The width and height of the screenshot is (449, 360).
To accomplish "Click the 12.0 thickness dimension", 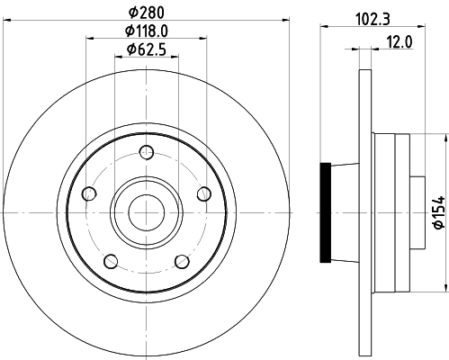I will click(x=400, y=42).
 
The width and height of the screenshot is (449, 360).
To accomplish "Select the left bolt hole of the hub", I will click(x=88, y=193).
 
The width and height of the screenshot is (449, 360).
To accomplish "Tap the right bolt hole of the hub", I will click(x=203, y=193).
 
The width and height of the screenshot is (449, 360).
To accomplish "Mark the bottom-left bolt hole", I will click(x=109, y=262).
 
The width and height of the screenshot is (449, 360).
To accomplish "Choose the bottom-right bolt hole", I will click(x=182, y=262).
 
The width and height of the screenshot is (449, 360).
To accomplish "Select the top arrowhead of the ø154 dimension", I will click(x=445, y=138).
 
